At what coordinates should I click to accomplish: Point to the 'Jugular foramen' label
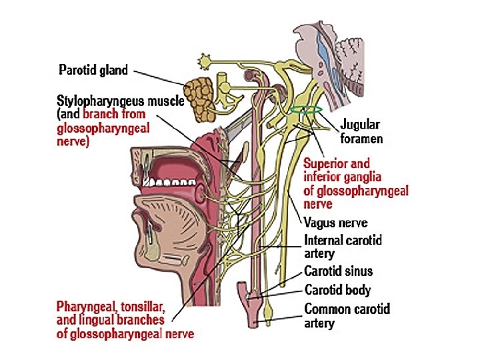pyautogui.click(x=361, y=131)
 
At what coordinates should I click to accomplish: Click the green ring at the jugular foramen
pyautogui.click(x=307, y=109)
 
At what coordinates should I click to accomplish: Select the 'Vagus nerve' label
pyautogui.click(x=335, y=223)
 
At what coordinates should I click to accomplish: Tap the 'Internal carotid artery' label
pyautogui.click(x=343, y=246)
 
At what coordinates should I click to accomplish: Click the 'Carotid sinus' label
pyautogui.click(x=338, y=271)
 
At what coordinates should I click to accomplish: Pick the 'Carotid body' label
pyautogui.click(x=337, y=290)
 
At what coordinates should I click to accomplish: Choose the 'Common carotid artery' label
pyautogui.click(x=347, y=315)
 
